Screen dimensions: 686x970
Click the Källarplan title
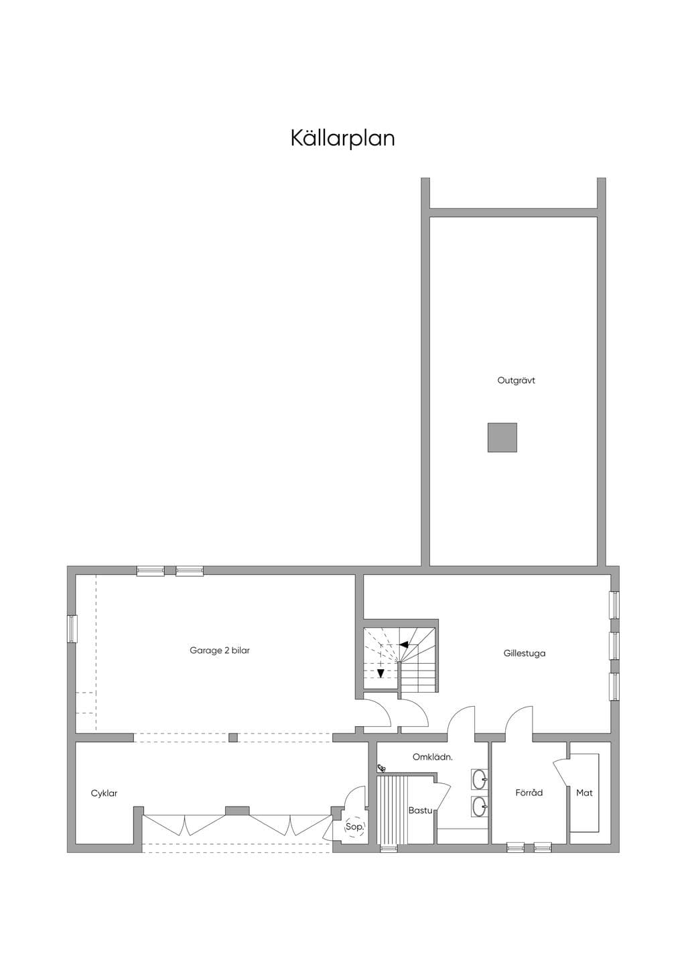click(x=342, y=138)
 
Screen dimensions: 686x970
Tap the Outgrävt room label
click(x=516, y=380)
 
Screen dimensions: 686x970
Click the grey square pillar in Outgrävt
click(x=502, y=437)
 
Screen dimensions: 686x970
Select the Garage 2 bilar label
click(x=220, y=650)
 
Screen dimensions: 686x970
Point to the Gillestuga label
click(x=525, y=653)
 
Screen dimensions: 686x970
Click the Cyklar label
click(x=104, y=794)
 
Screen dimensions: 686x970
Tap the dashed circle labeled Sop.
click(x=354, y=827)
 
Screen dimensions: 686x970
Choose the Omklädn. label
click(x=433, y=758)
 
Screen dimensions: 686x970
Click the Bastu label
click(x=420, y=810)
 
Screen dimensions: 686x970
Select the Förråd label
click(x=529, y=793)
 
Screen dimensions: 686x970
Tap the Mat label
click(x=584, y=793)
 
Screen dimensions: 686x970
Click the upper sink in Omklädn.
click(x=480, y=780)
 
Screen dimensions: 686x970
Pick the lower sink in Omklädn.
click(x=480, y=807)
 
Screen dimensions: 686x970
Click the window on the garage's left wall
click(x=72, y=629)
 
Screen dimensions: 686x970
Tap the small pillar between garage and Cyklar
click(x=233, y=737)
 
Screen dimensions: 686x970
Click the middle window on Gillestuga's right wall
click(x=614, y=646)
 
